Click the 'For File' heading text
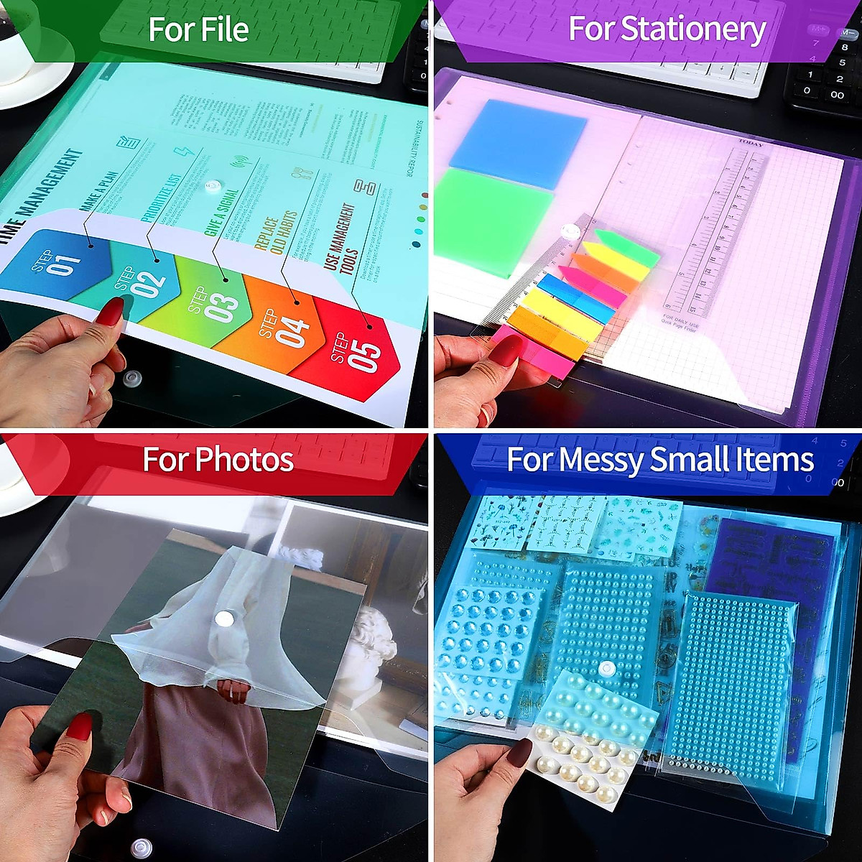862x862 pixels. click(198, 29)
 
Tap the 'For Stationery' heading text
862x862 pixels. click(666, 29)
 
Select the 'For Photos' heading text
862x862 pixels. click(218, 460)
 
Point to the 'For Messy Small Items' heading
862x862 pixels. click(659, 460)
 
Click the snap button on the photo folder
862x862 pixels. click(225, 618)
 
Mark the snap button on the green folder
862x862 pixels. click(210, 188)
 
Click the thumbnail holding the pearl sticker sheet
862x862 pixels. click(519, 751)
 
